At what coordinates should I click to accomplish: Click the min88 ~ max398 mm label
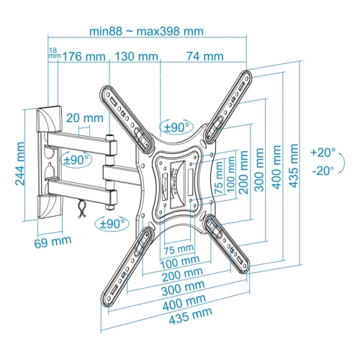pyautogui.click(x=146, y=31)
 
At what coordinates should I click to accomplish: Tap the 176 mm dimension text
pyautogui.click(x=84, y=57)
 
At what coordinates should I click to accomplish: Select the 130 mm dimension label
pyautogui.click(x=137, y=57)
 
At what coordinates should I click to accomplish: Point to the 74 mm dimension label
pyautogui.click(x=205, y=56)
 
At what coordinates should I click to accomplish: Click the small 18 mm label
pyautogui.click(x=53, y=53)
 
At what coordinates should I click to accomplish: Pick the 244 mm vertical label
pyautogui.click(x=19, y=164)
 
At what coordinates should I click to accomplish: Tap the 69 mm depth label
pyautogui.click(x=53, y=242)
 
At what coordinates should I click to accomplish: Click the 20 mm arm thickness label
pyautogui.click(x=85, y=118)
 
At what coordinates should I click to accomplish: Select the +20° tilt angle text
pyautogui.click(x=323, y=153)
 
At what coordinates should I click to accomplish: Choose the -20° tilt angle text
pyautogui.click(x=323, y=171)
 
